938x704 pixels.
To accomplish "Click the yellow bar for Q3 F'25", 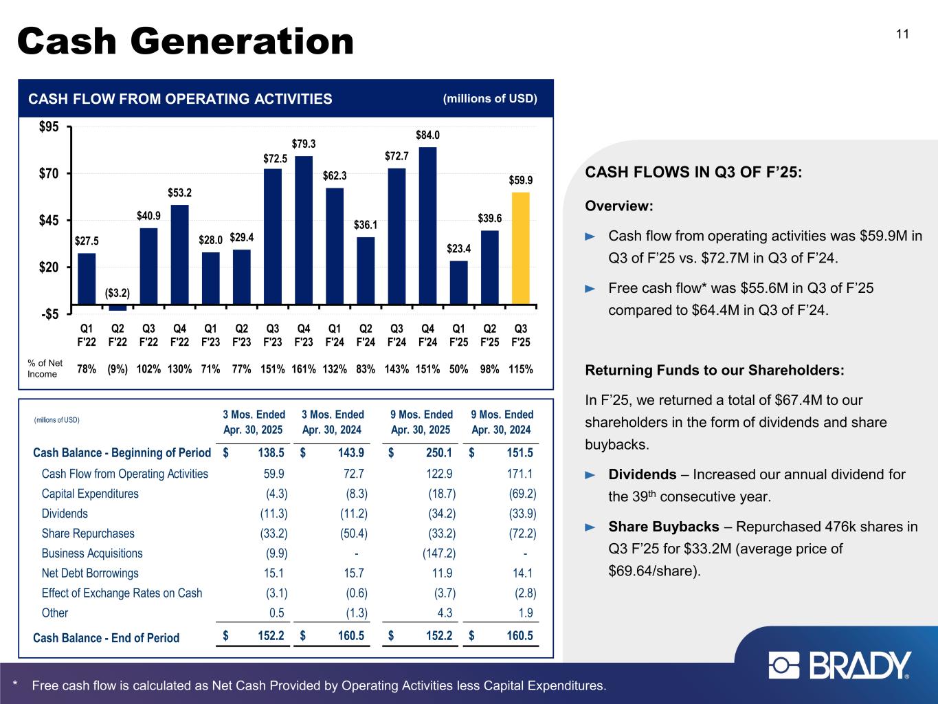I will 521,247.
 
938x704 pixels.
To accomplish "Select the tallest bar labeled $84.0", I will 428,225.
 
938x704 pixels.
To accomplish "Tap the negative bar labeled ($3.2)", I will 118,307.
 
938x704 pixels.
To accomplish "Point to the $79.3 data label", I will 304,144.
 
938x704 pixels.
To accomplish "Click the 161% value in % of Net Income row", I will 304,369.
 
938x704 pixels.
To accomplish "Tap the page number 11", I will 902,34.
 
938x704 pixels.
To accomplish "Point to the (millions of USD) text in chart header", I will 490,98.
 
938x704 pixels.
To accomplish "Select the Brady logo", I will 840,665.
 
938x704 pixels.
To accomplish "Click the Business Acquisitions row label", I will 92,553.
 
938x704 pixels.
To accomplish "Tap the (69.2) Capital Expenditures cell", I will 522,494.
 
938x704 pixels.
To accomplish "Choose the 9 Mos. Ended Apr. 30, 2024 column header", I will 502,422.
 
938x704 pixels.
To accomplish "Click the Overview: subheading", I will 618,206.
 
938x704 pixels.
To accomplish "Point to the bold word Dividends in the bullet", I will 643,474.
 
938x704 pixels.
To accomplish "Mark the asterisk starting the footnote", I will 15,685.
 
